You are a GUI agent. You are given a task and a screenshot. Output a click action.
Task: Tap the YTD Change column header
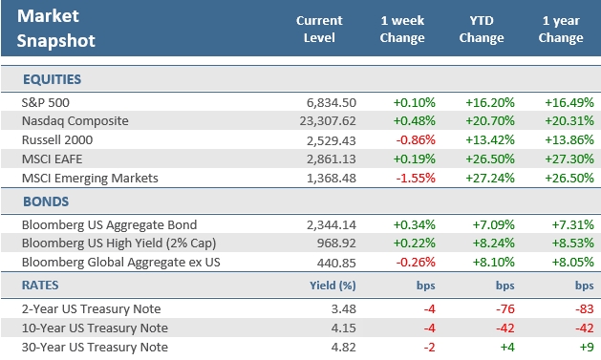(482, 29)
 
